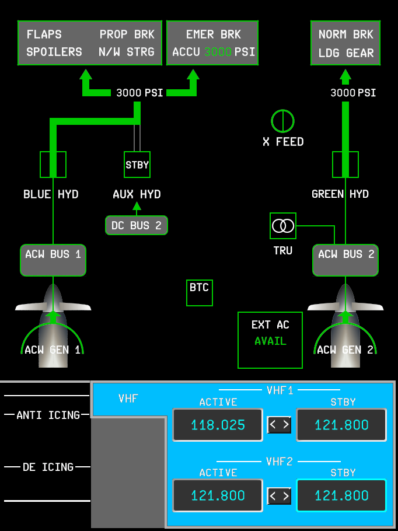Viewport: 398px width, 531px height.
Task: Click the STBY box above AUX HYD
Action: point(137,165)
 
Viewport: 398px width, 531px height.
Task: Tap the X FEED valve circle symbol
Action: point(282,121)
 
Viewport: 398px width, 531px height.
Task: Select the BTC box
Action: point(200,292)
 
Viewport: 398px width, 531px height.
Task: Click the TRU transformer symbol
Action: point(283,225)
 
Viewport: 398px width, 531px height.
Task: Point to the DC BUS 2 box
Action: point(137,225)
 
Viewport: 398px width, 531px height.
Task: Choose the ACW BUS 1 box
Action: point(53,260)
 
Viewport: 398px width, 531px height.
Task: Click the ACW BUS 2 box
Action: point(346,260)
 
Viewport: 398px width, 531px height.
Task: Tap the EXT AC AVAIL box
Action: point(270,340)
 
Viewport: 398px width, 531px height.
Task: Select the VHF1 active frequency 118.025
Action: point(218,425)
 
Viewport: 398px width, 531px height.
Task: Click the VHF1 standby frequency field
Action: point(341,425)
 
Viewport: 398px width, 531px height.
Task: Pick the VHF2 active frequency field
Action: point(218,495)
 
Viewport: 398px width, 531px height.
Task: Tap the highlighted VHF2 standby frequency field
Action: point(341,495)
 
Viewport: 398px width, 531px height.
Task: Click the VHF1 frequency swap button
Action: point(279,425)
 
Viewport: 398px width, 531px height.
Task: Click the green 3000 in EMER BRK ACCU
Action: point(218,52)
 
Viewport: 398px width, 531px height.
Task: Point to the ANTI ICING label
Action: point(48,415)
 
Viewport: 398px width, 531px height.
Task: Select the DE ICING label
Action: point(48,467)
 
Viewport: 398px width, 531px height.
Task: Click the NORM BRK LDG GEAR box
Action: point(345,43)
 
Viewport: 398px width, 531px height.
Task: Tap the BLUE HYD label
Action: point(51,194)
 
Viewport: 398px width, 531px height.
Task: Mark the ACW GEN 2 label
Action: point(345,350)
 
